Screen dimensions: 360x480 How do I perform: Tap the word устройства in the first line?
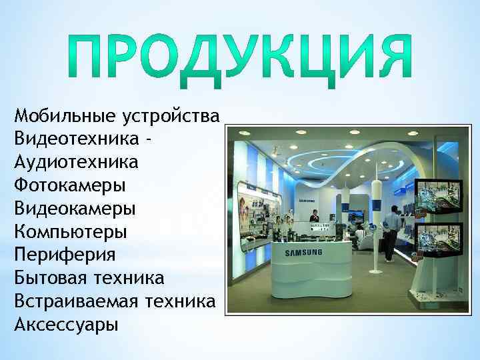[x=171, y=117]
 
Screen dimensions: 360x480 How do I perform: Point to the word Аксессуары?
[x=65, y=325]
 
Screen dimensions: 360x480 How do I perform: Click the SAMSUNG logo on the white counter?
[x=304, y=253]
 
